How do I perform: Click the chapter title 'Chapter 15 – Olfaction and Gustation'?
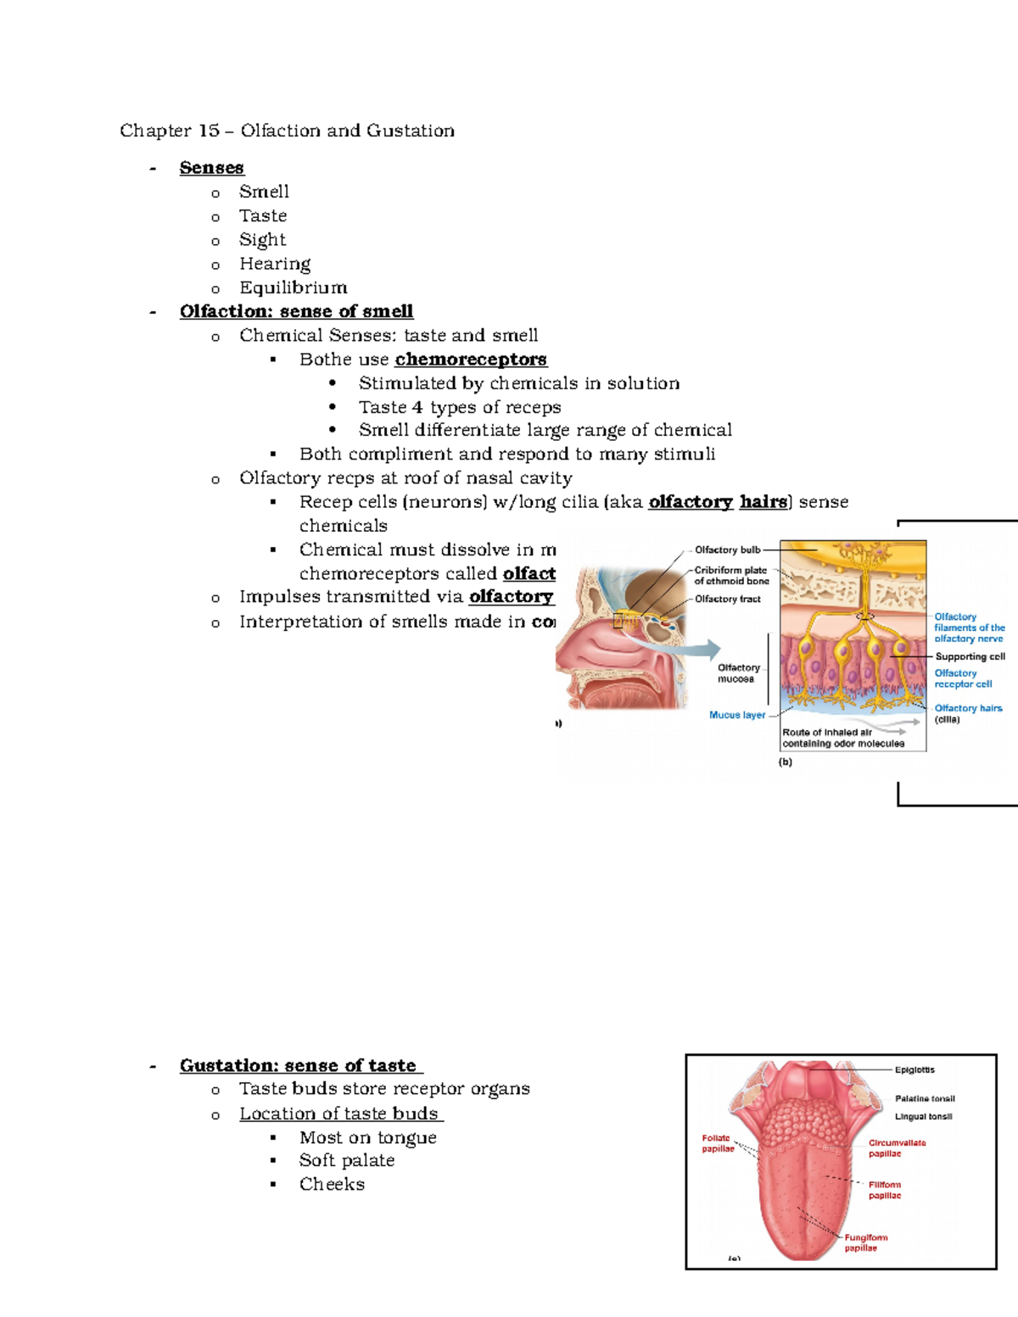tap(287, 131)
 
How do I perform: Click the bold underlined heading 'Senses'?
tap(211, 168)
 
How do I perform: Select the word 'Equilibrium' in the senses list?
tap(293, 287)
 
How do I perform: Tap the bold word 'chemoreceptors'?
tap(471, 360)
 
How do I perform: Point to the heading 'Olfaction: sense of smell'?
tap(296, 311)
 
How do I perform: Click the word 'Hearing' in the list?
tap(274, 264)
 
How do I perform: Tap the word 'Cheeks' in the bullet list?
tap(332, 1184)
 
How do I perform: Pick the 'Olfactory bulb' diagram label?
tap(727, 550)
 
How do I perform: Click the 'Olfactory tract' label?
tap(727, 599)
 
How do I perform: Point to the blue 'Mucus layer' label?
tap(736, 715)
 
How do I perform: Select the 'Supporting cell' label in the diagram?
tap(970, 656)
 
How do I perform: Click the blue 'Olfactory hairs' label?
tap(968, 708)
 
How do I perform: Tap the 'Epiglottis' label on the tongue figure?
tap(915, 1070)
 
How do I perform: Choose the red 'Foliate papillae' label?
tap(717, 1143)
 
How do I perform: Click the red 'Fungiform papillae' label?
tap(864, 1242)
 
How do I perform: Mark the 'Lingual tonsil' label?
tap(923, 1117)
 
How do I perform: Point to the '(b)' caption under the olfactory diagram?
tap(786, 762)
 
